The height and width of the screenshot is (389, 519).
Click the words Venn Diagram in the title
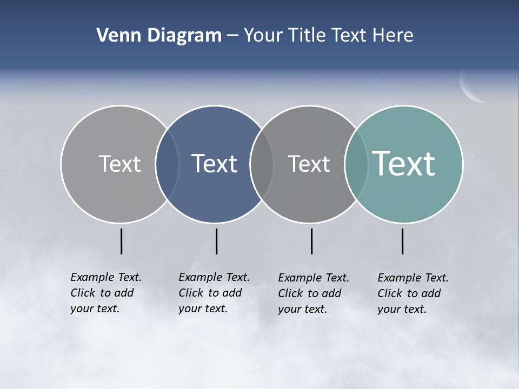(159, 36)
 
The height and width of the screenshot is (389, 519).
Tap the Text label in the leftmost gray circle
(119, 164)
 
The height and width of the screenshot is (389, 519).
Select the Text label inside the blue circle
(215, 164)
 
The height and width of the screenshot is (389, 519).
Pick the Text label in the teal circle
(404, 163)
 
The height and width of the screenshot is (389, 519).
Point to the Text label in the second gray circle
(309, 164)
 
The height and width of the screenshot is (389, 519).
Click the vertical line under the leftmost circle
(122, 241)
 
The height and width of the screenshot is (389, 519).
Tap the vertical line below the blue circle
(216, 241)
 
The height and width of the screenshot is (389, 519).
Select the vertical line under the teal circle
(403, 241)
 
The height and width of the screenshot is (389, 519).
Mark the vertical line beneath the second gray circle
(312, 241)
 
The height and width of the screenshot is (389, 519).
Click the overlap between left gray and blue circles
(167, 164)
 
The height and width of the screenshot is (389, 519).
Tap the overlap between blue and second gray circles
(262, 164)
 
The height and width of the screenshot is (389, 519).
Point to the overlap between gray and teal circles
(356, 164)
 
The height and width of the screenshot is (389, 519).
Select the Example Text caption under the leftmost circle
(105, 293)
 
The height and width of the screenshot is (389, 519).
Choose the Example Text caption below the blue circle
(214, 293)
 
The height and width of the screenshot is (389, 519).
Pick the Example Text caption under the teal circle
(413, 293)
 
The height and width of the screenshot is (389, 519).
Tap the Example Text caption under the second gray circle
(314, 293)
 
